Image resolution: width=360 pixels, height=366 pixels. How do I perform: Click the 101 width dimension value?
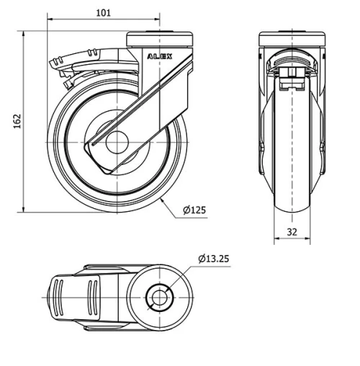pos(104,12)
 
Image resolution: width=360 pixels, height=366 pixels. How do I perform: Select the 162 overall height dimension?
pos(17,122)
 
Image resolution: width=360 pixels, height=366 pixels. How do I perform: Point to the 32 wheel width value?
pos(292,232)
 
